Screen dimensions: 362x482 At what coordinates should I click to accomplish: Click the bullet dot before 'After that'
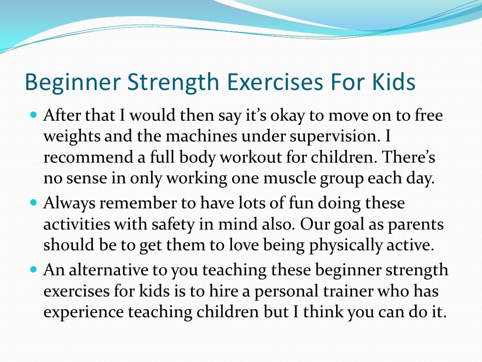tap(33, 115)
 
